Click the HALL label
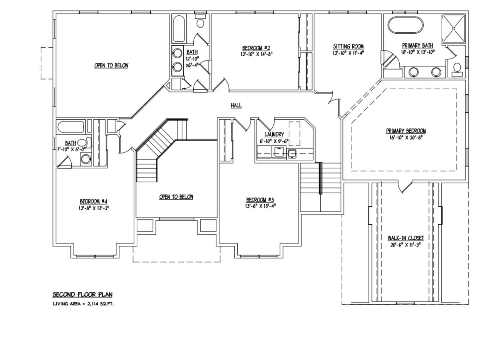(x=236, y=106)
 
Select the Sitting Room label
(x=348, y=47)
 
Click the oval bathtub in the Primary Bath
(x=405, y=25)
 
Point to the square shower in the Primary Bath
(x=453, y=28)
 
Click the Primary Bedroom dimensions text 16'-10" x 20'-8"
(x=406, y=138)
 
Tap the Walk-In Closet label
(x=406, y=238)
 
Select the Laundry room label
(x=274, y=134)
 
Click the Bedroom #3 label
(x=260, y=200)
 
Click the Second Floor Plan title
(x=83, y=294)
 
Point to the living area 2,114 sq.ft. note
(x=83, y=304)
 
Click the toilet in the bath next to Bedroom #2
(x=201, y=22)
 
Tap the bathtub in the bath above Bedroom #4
(x=70, y=127)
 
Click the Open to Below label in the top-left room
(x=111, y=66)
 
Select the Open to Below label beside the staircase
(x=176, y=197)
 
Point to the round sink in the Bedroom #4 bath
(x=85, y=159)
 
